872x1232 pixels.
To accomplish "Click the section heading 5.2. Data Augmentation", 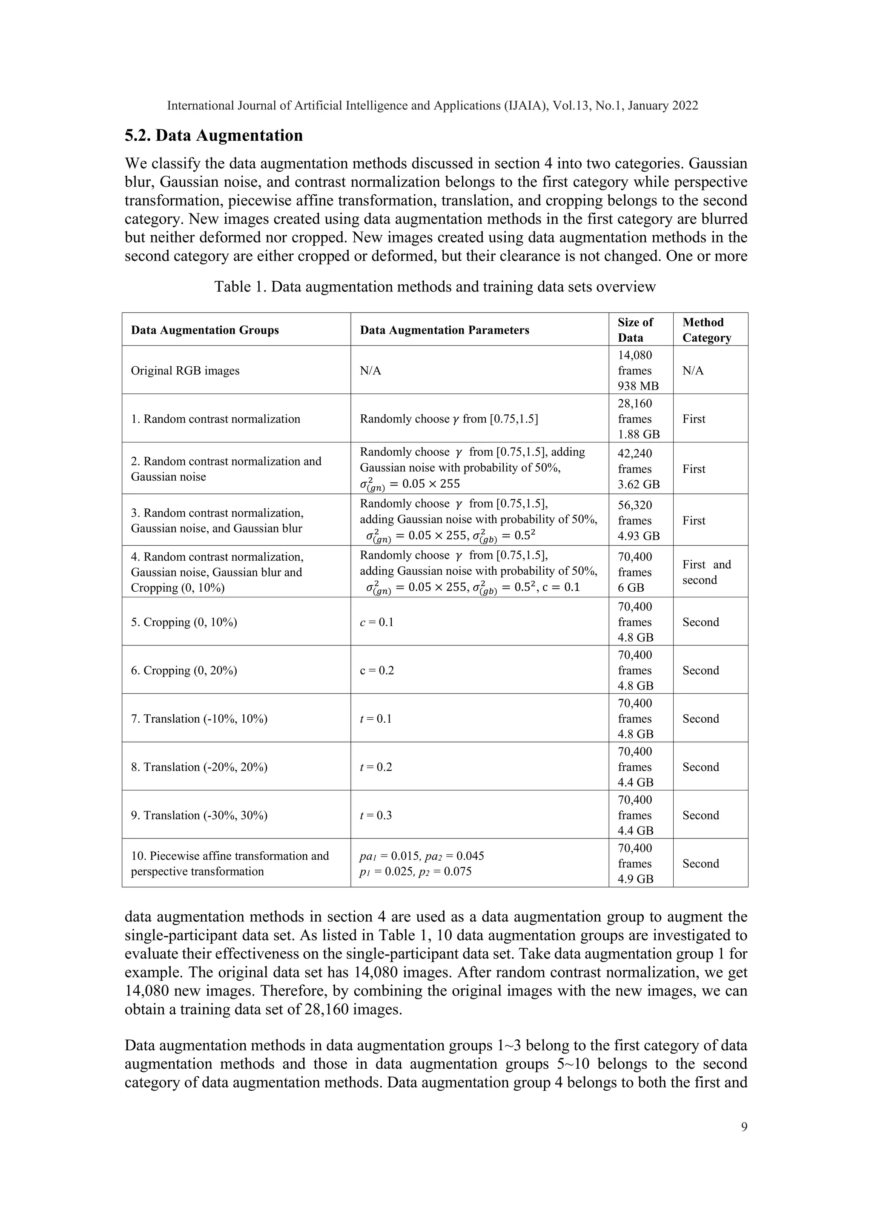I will (x=214, y=135).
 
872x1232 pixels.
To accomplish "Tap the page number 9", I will (x=744, y=1126).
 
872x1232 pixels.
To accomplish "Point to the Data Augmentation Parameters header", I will (x=444, y=330).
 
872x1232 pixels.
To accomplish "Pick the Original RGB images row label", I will (x=185, y=371).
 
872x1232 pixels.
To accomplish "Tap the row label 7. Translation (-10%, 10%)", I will (x=199, y=719).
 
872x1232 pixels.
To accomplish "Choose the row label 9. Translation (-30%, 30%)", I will (x=199, y=815).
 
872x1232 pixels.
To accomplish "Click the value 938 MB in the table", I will (x=638, y=386).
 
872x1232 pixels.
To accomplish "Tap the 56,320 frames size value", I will (x=635, y=513).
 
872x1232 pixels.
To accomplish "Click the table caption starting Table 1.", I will (x=435, y=287).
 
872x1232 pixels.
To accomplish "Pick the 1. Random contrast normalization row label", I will (x=215, y=419).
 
